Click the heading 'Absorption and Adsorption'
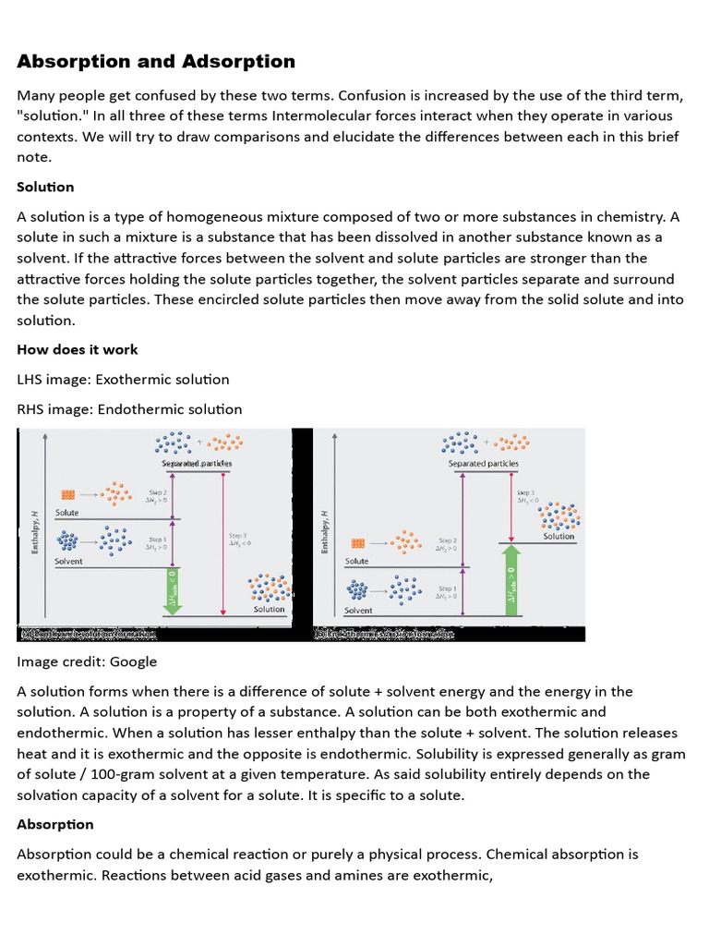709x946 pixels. tap(156, 62)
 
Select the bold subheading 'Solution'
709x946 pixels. tap(45, 187)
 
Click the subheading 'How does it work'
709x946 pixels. tap(78, 349)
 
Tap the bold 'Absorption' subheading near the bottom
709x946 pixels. tap(55, 824)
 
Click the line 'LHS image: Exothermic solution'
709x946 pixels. tap(123, 380)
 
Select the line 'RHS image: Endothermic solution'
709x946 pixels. tap(129, 409)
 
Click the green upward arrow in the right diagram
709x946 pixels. tap(511, 578)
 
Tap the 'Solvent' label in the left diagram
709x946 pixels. tap(68, 561)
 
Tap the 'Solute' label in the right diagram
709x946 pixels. tap(356, 561)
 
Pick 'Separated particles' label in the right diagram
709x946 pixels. tap(483, 464)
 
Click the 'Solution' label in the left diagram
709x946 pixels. tap(269, 609)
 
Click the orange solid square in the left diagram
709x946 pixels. tap(67, 494)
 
